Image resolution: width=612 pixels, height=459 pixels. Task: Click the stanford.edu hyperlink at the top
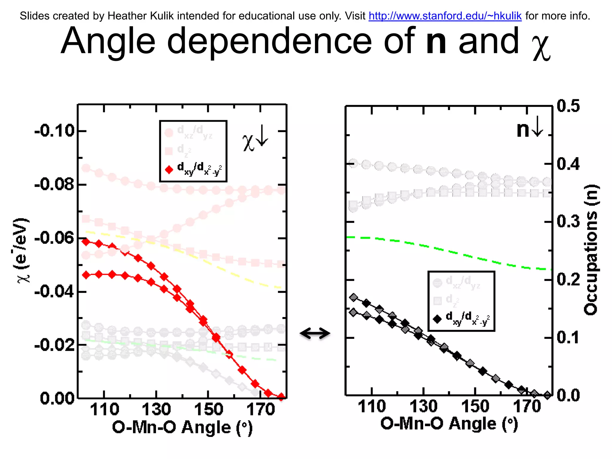tap(445, 16)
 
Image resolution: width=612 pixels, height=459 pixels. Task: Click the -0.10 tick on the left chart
tap(54, 131)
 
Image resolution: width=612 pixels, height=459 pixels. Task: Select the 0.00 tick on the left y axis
tap(57, 398)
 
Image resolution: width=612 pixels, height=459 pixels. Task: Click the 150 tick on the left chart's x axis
tap(209, 409)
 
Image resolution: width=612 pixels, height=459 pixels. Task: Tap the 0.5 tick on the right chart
tap(568, 106)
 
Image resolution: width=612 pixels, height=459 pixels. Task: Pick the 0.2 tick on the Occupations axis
tap(568, 280)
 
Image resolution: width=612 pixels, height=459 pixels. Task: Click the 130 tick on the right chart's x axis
tap(423, 406)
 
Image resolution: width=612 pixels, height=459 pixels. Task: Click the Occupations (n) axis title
tap(591, 250)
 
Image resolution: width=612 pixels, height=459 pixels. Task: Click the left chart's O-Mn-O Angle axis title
tap(182, 427)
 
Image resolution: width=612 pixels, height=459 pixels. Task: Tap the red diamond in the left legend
tap(169, 170)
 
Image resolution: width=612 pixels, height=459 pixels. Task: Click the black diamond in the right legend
tap(437, 319)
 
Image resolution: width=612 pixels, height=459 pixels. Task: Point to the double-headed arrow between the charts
tap(315, 333)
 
